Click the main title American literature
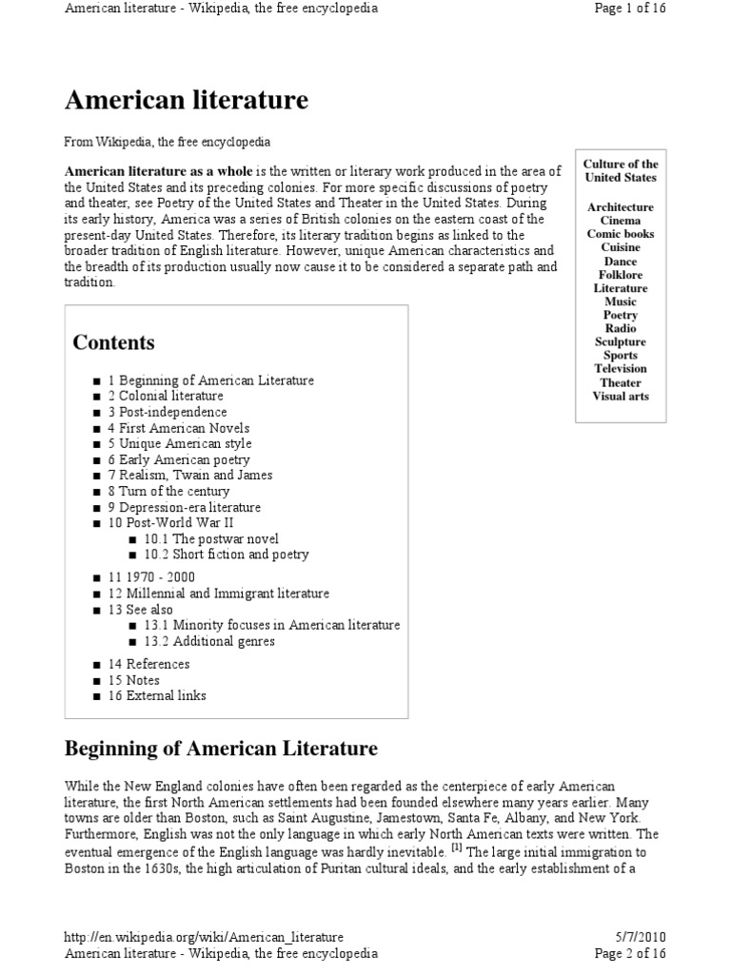tap(187, 100)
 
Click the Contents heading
tap(113, 342)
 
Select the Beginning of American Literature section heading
tap(221, 749)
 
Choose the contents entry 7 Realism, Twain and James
tap(190, 475)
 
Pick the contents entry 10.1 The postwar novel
tap(212, 538)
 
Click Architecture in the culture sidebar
tap(621, 207)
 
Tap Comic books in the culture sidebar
tap(621, 234)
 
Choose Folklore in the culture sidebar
tap(621, 275)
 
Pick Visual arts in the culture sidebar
tap(621, 396)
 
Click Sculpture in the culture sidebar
tap(621, 341)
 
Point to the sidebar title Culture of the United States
tap(621, 171)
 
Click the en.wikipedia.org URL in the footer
tap(204, 937)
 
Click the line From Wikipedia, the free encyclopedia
tap(168, 142)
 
